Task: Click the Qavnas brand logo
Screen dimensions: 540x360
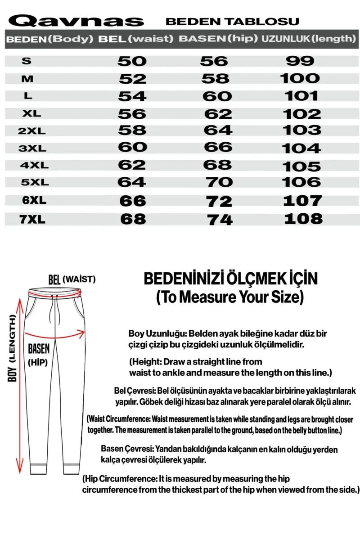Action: tap(77, 20)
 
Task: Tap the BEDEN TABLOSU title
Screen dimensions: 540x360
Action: tap(232, 21)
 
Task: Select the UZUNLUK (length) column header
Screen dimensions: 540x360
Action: tap(308, 39)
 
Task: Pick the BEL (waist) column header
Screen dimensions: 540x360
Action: tap(135, 39)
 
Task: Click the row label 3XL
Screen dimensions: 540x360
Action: tap(33, 147)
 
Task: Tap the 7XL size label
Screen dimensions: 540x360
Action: tap(33, 219)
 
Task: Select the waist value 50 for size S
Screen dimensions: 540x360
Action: tap(132, 61)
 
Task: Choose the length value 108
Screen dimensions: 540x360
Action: tap(303, 219)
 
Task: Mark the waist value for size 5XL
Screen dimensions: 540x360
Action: tap(131, 182)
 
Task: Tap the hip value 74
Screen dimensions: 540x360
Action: tap(220, 219)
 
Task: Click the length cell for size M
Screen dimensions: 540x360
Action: tap(300, 79)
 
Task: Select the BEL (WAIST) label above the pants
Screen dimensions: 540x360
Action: tap(72, 279)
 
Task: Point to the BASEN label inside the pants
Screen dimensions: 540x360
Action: tap(39, 348)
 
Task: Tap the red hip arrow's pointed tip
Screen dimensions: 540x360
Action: tap(84, 333)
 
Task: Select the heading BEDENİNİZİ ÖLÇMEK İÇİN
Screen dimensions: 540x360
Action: tap(230, 279)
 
